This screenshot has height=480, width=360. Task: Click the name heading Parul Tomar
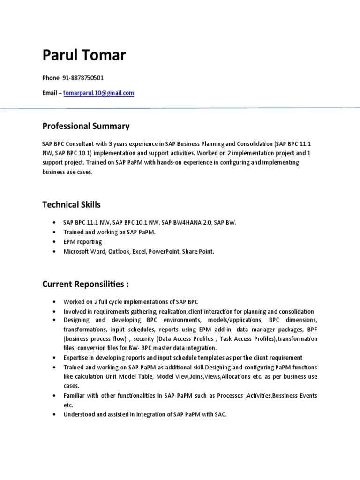pyautogui.click(x=84, y=56)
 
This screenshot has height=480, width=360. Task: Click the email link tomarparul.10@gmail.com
pyautogui.click(x=102, y=93)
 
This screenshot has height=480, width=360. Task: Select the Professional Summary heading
pyautogui.click(x=86, y=126)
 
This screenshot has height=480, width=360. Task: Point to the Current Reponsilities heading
pyautogui.click(x=85, y=284)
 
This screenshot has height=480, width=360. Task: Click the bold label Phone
pyautogui.click(x=51, y=78)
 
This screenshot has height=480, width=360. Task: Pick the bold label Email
pyautogui.click(x=50, y=93)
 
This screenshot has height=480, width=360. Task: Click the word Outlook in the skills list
pyautogui.click(x=120, y=252)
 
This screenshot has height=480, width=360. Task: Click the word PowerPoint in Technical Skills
pyautogui.click(x=165, y=252)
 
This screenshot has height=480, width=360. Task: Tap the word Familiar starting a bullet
pyautogui.click(x=75, y=396)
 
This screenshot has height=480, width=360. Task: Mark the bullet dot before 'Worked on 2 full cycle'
pyautogui.click(x=55, y=302)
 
